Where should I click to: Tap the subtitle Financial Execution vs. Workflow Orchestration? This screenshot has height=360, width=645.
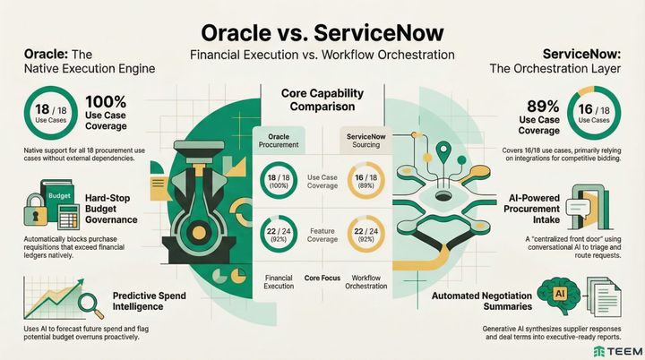322,55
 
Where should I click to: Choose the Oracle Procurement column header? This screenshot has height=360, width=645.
279,141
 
